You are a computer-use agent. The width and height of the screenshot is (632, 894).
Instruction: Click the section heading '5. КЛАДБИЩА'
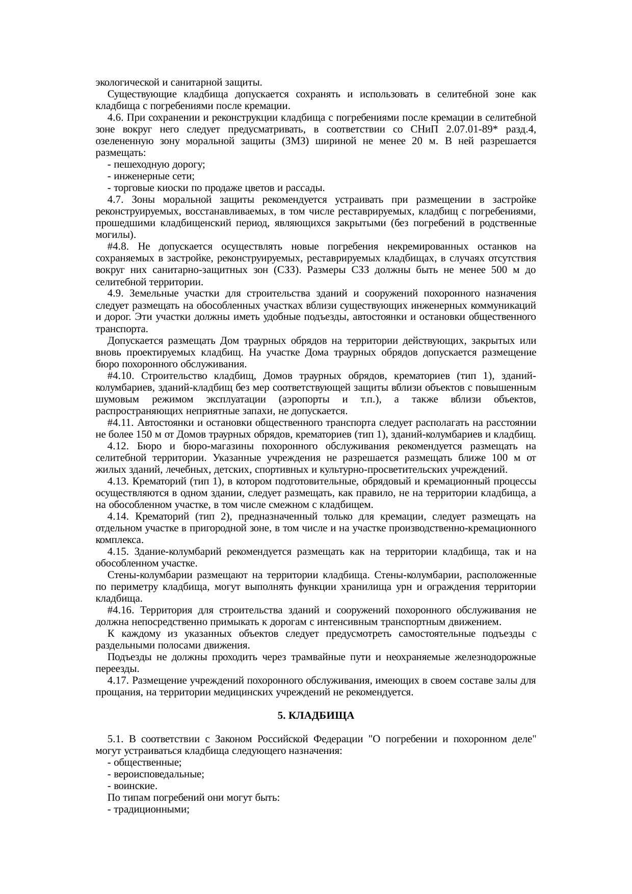(x=315, y=716)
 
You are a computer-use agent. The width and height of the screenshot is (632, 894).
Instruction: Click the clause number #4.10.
(x=120, y=376)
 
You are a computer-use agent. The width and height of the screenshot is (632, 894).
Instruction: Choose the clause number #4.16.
(x=120, y=610)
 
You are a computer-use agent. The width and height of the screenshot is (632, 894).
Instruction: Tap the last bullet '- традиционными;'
(x=148, y=809)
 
